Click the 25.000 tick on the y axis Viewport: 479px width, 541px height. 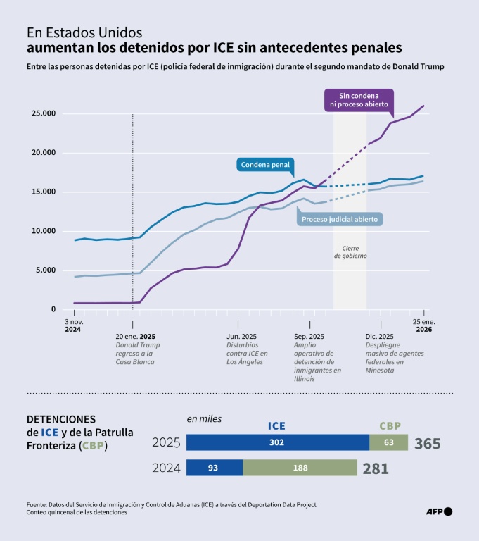tap(41, 113)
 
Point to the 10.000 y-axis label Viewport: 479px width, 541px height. tap(41, 231)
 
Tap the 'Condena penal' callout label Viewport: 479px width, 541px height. tap(265, 165)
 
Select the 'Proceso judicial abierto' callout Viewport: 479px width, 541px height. tap(340, 220)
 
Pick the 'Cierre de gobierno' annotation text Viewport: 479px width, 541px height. tap(350, 252)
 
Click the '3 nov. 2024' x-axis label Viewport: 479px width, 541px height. tap(73, 325)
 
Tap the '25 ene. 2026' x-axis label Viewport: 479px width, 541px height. tap(423, 325)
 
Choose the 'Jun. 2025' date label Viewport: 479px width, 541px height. tap(242, 336)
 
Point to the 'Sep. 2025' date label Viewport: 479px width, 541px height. tap(309, 336)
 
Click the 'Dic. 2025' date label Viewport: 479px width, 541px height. tap(381, 336)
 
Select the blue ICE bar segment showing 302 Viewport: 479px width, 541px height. tap(278, 442)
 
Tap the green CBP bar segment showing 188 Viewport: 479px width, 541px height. tap(300, 468)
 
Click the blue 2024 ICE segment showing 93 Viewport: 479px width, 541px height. tap(215, 468)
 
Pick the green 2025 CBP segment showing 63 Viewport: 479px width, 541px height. tap(389, 442)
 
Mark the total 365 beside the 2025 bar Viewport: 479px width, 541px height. tap(428, 444)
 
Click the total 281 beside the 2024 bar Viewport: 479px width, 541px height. tap(375, 468)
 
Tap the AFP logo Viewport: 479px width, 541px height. tap(440, 511)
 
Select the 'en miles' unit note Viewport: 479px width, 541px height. tap(204, 418)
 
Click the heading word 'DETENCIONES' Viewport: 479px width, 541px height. tap(60, 418)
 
